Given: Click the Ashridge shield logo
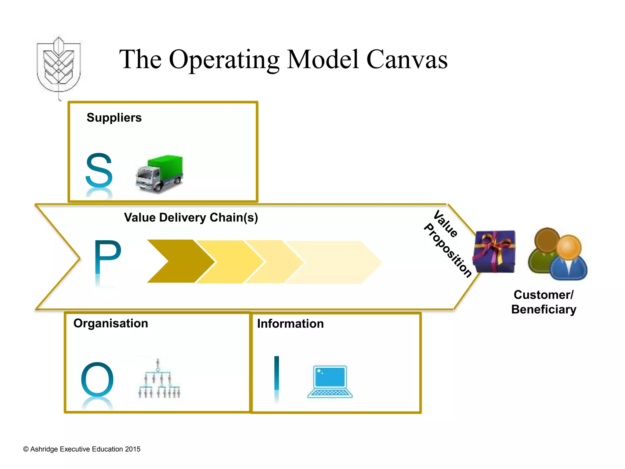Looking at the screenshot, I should pyautogui.click(x=59, y=66).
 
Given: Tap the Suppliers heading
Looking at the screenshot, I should pyautogui.click(x=114, y=118).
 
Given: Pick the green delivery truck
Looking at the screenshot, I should pyautogui.click(x=160, y=174).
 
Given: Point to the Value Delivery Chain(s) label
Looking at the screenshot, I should pyautogui.click(x=191, y=218).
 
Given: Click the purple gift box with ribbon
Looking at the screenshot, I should pyautogui.click(x=494, y=251).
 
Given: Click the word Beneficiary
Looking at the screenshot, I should pyautogui.click(x=544, y=310).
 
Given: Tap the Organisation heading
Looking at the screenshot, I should pyautogui.click(x=111, y=323).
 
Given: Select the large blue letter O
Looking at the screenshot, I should pyautogui.click(x=97, y=380).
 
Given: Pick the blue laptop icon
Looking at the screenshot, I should pyautogui.click(x=330, y=382).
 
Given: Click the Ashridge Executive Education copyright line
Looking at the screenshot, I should pyautogui.click(x=82, y=449).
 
